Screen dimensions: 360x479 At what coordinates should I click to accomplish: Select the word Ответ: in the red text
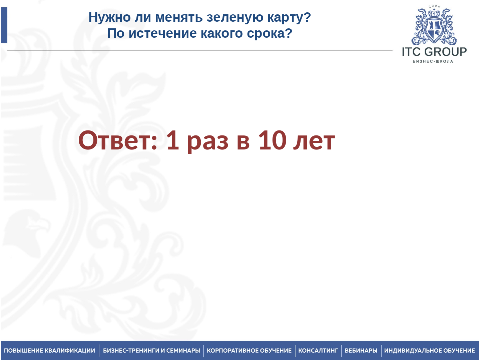[118, 140]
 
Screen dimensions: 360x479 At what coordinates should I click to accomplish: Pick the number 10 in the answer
[272, 140]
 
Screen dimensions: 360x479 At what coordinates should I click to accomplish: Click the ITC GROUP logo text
[434, 52]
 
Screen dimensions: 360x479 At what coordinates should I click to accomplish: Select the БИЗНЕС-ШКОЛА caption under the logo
[433, 61]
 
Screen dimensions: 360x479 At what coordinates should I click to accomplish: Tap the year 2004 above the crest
[434, 6]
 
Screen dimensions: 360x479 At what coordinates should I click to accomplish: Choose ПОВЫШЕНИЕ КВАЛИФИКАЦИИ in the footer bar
[49, 351]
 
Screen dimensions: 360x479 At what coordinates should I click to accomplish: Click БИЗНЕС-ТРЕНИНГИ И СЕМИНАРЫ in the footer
[151, 351]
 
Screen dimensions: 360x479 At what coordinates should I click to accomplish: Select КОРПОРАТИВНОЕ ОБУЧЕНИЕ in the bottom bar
[249, 351]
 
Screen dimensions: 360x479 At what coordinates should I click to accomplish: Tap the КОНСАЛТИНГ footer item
[318, 351]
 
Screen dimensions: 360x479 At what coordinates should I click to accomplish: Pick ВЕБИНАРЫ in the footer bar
[361, 351]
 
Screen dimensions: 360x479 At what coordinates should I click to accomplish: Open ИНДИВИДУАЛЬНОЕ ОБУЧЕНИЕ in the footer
[429, 351]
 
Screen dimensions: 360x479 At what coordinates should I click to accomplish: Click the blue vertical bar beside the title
[4, 25]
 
